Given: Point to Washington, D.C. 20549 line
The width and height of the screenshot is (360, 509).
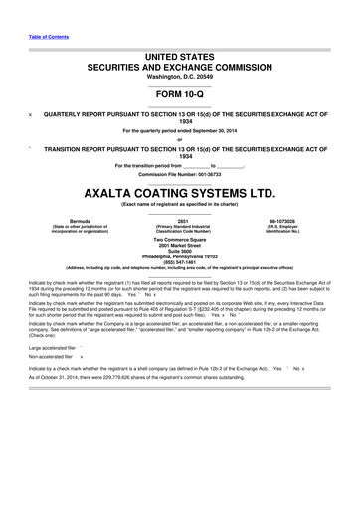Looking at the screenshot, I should (x=179, y=76).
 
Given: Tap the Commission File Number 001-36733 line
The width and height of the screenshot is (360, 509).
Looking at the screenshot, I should (x=179, y=173).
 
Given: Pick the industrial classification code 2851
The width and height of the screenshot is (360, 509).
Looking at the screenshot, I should (x=181, y=219).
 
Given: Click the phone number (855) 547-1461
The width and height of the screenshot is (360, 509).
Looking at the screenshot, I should (x=179, y=261).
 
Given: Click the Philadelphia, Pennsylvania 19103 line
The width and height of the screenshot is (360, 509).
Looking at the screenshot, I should (x=179, y=255).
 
